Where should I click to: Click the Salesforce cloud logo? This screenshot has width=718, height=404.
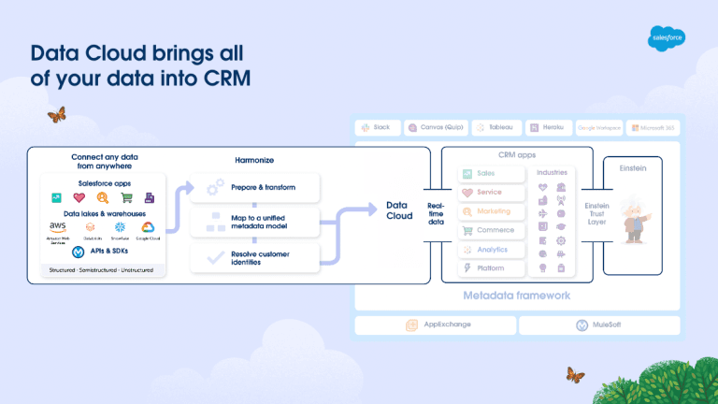(x=666, y=38)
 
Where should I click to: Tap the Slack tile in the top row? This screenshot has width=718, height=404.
(x=378, y=127)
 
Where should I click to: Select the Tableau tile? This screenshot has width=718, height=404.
(x=493, y=127)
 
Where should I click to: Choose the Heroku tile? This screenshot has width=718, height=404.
(x=545, y=127)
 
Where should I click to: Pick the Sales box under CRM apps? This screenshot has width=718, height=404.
(x=491, y=174)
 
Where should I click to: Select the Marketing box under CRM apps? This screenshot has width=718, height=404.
(x=491, y=211)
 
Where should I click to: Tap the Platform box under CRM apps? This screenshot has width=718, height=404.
(x=491, y=268)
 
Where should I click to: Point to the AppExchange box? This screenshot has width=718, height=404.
(x=435, y=325)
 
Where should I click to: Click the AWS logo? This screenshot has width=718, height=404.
(x=58, y=228)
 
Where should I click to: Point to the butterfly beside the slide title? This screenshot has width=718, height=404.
(x=56, y=115)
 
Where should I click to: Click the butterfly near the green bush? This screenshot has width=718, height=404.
(x=574, y=376)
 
